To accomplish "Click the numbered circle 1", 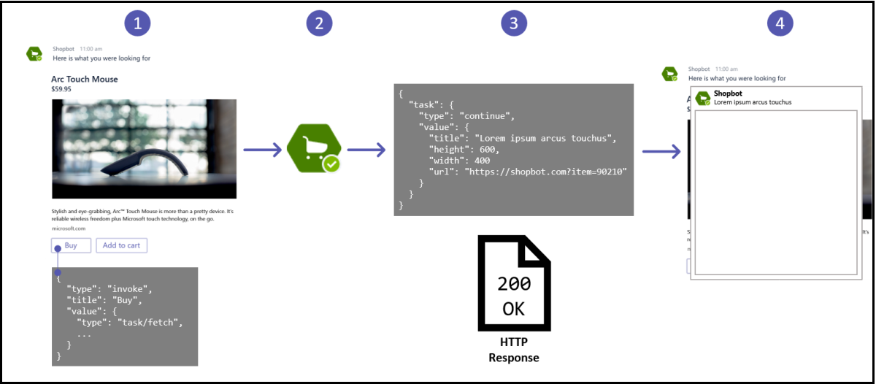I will tap(137, 23).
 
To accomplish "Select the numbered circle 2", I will tap(319, 23).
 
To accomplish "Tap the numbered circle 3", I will tap(514, 23).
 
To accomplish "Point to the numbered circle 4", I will tap(780, 23).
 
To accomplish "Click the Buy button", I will tap(71, 245).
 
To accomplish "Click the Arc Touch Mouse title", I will tap(85, 79).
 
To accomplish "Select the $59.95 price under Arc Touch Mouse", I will tap(61, 89).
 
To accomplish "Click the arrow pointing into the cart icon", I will tap(262, 150).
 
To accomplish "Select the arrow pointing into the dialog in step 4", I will tap(661, 152).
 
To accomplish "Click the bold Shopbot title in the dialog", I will tap(728, 94).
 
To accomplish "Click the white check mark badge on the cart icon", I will tap(332, 164).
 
